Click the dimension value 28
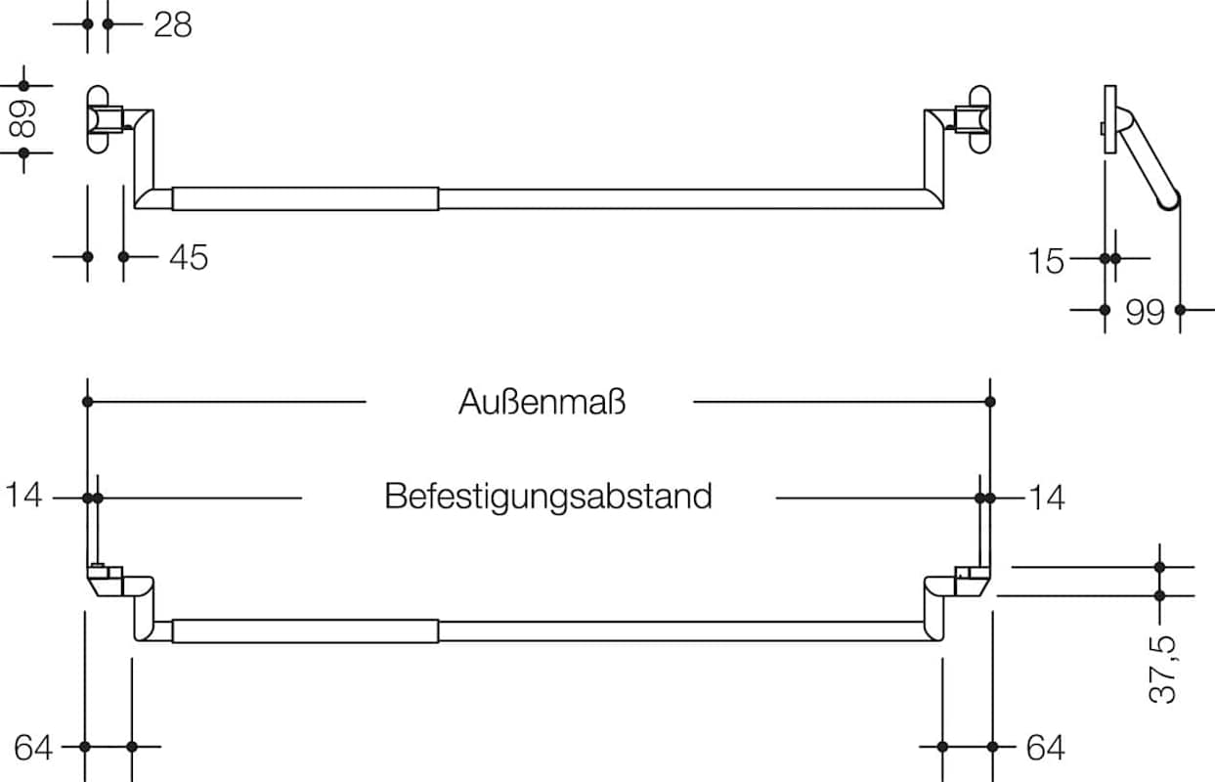(173, 24)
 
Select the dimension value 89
(23, 118)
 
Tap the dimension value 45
(188, 257)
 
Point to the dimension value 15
(1045, 260)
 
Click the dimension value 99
(1145, 312)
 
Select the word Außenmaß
(542, 402)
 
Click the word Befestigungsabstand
(547, 497)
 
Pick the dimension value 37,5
(1161, 669)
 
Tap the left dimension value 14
(24, 497)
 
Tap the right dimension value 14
(1045, 498)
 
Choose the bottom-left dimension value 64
(33, 748)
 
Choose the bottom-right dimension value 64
(1045, 748)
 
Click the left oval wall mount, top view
(99, 119)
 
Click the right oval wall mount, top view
(978, 119)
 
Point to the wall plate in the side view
(1109, 119)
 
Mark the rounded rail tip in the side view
(1169, 201)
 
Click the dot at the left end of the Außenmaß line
(87, 402)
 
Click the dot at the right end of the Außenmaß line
(990, 402)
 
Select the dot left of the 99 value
(1105, 310)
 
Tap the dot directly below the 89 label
(23, 152)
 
